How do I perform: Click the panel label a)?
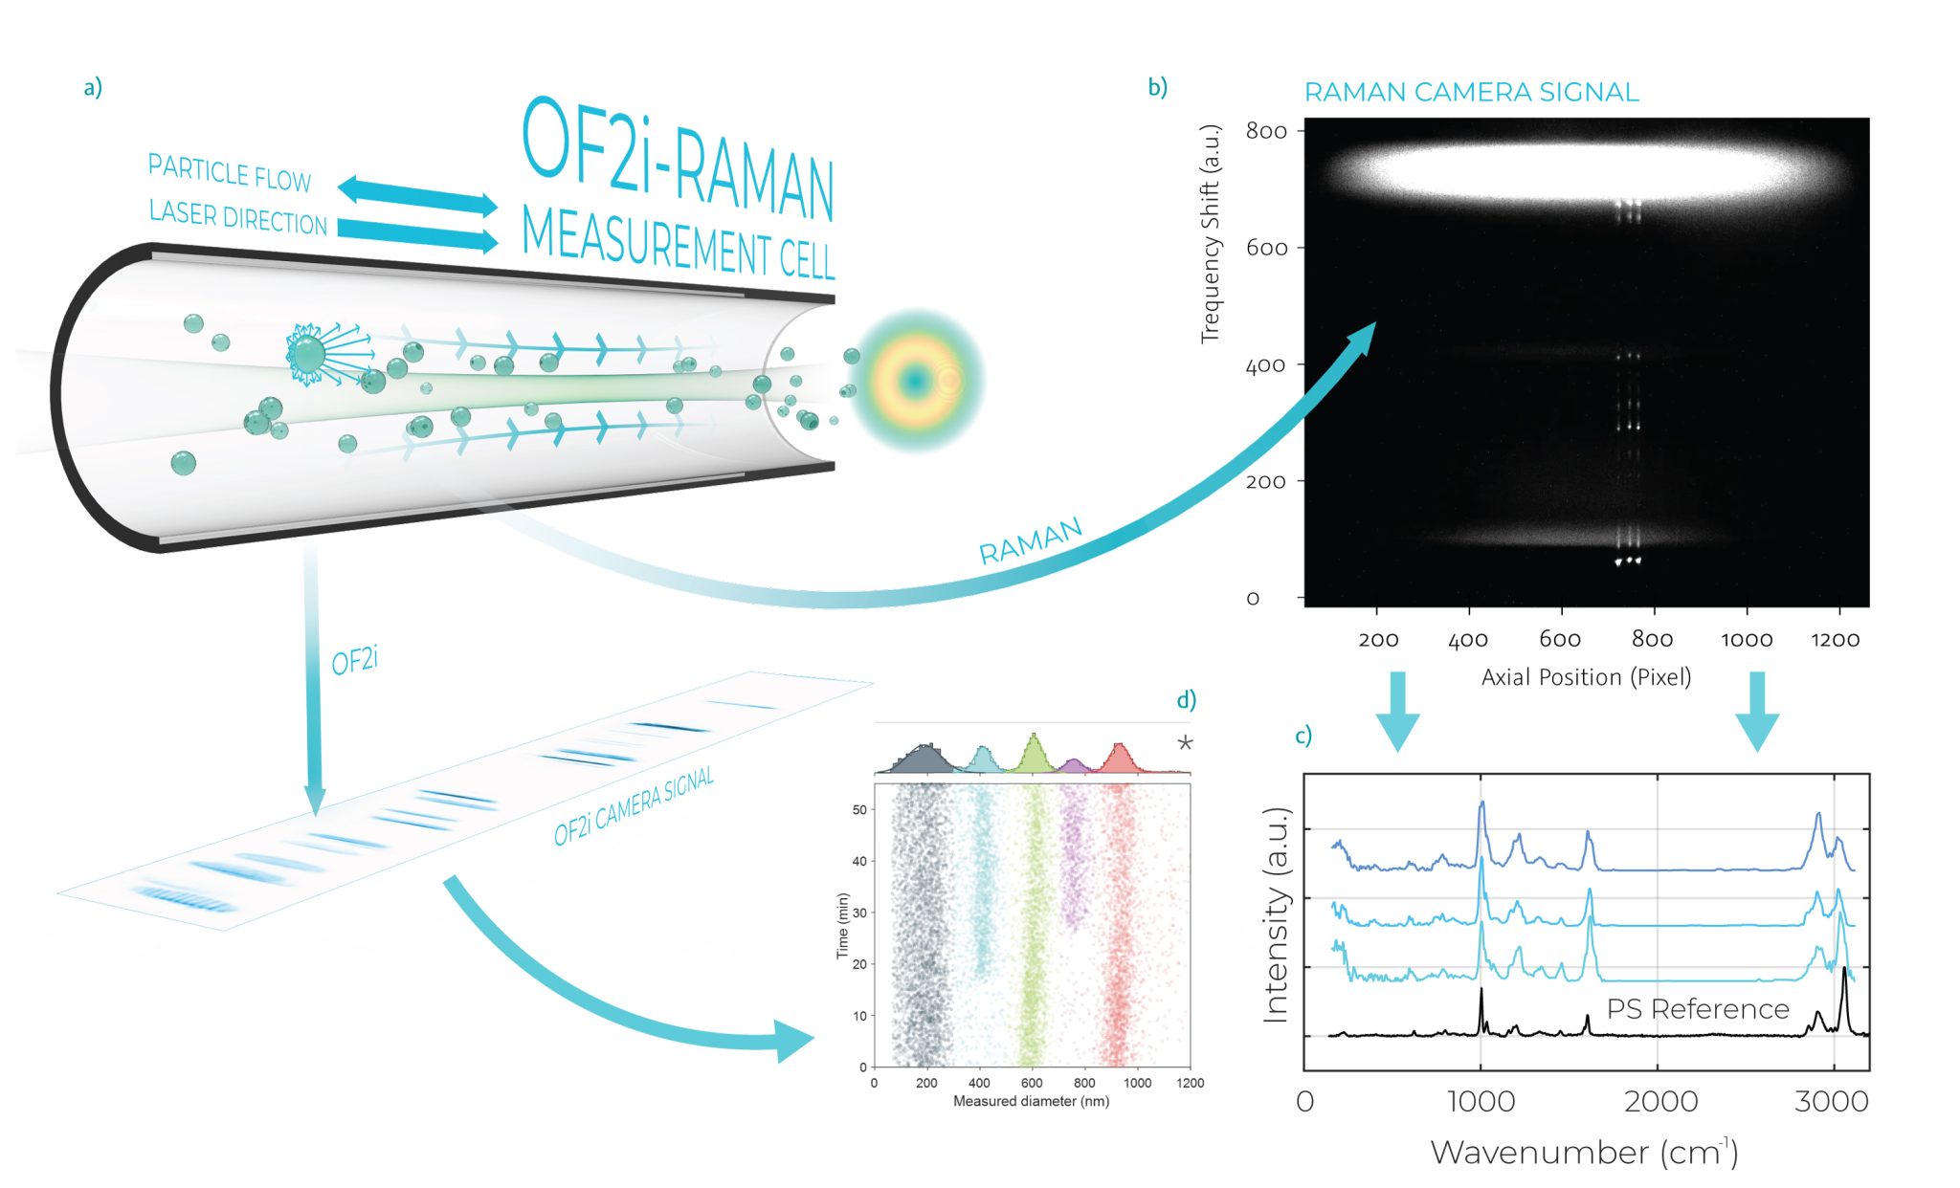coord(93,88)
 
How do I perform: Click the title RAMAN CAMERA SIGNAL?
coord(1471,93)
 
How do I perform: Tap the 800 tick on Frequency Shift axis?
coord(1266,131)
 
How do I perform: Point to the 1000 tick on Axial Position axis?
coord(1747,639)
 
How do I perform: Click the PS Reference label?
coord(1697,1009)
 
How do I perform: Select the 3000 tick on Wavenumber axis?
coord(1831,1101)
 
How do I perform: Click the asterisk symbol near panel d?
coord(1185,743)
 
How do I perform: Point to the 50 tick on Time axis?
coord(859,810)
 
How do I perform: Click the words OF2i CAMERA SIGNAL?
coord(634,806)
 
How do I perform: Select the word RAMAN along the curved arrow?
coord(1030,541)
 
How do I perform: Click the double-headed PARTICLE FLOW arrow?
coord(417,195)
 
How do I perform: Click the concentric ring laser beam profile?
coord(917,381)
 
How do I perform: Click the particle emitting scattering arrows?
coord(308,355)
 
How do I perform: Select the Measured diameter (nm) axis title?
coord(1031,1102)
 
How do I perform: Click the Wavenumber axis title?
coord(1584,1153)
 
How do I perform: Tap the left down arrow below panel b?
coord(1397,710)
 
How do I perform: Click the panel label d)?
coord(1186,701)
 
